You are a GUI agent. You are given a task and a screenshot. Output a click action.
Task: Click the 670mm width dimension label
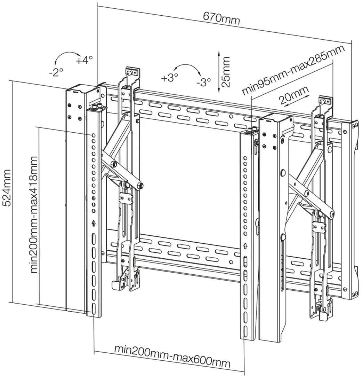[221, 18]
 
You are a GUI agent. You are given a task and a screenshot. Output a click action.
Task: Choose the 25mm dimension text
[226, 72]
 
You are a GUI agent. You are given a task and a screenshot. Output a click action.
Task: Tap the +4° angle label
[84, 60]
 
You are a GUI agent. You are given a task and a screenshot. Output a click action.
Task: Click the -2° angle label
[56, 72]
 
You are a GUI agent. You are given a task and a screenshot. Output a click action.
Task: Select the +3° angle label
[169, 78]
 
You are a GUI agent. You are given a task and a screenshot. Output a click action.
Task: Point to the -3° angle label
[203, 82]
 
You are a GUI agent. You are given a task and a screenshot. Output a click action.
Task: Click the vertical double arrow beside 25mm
[218, 72]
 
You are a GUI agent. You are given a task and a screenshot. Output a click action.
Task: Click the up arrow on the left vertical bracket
[94, 223]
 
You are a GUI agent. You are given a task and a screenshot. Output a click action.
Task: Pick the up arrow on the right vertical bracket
[245, 246]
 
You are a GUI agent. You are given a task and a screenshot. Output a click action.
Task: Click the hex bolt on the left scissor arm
[140, 185]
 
